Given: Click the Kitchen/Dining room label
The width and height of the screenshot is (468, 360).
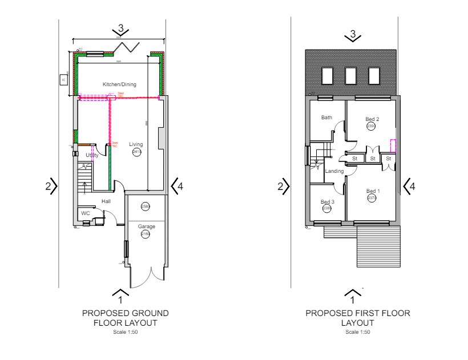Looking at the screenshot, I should [x=119, y=84].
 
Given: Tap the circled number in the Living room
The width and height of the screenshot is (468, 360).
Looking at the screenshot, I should [x=137, y=152].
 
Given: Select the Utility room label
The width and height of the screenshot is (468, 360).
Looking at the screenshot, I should [x=92, y=155].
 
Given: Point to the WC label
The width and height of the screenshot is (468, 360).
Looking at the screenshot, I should [x=86, y=213].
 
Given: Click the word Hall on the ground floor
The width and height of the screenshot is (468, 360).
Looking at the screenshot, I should [x=106, y=201].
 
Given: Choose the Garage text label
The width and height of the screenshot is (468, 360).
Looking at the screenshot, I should [x=147, y=226].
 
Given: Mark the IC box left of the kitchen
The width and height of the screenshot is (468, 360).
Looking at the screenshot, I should [x=63, y=80].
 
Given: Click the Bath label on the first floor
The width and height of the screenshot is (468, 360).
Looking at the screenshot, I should [x=326, y=118].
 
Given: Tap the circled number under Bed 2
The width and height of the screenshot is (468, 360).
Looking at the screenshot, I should [x=371, y=126].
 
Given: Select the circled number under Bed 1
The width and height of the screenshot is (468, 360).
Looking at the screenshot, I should [x=372, y=199].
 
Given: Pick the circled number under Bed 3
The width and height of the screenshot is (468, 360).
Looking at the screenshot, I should [x=327, y=209].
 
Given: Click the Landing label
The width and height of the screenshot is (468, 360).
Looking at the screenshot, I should [x=334, y=171].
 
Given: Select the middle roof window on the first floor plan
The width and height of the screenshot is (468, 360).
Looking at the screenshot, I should [x=350, y=75].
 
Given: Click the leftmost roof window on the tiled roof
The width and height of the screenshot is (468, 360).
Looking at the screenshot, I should [x=328, y=75].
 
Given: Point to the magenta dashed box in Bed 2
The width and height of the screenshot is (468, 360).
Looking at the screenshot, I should [x=393, y=146].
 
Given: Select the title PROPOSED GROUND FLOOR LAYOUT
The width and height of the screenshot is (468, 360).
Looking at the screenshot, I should [x=126, y=318].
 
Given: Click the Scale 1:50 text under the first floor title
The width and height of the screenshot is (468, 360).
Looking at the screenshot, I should [x=358, y=332].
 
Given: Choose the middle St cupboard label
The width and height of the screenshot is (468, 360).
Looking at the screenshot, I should [x=372, y=158].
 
